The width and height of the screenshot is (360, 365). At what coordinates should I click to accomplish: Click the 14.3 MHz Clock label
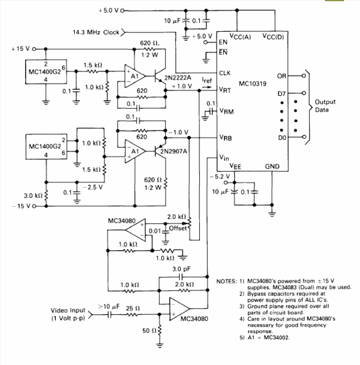click(x=96, y=32)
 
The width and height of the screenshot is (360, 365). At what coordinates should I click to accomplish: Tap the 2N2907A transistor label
click(x=174, y=152)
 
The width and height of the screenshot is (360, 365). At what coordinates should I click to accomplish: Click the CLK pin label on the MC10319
click(x=225, y=73)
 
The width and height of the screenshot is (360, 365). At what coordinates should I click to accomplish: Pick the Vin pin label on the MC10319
click(x=224, y=158)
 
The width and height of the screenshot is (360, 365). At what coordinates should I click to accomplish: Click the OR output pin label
click(x=281, y=76)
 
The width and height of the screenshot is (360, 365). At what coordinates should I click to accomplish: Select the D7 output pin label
click(x=282, y=93)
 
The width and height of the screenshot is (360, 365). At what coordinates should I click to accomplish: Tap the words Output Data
click(x=325, y=105)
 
